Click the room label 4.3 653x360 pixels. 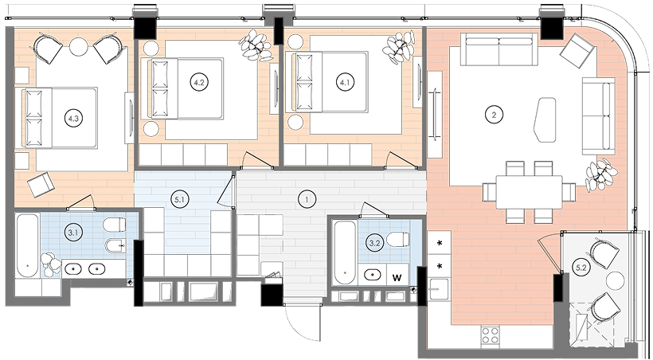click(73, 119)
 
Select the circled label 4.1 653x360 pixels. click(345, 83)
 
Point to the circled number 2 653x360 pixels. click(494, 115)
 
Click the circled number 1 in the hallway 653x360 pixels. click(307, 200)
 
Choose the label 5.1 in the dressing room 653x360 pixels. click(180, 200)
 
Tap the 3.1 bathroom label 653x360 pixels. click(73, 233)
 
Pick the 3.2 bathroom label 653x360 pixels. click(374, 244)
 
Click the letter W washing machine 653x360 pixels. click(397, 278)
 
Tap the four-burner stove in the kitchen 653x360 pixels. click(491, 335)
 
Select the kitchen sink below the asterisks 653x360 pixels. click(439, 289)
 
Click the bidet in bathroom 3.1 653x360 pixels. click(115, 246)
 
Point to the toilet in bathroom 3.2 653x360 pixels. click(397, 240)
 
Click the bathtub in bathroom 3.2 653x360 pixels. click(346, 252)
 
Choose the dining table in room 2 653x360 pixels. click(529, 192)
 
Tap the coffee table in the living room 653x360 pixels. click(545, 119)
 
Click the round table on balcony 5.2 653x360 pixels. click(615, 281)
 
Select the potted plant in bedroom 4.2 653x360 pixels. click(256, 45)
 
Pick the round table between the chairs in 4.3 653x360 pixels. click(79, 46)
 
